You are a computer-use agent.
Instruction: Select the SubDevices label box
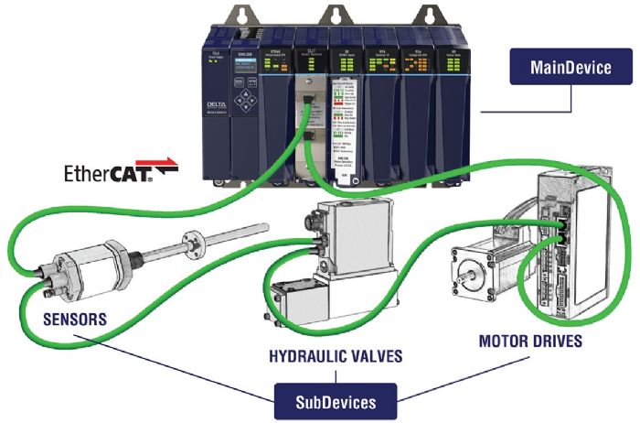click(337, 402)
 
